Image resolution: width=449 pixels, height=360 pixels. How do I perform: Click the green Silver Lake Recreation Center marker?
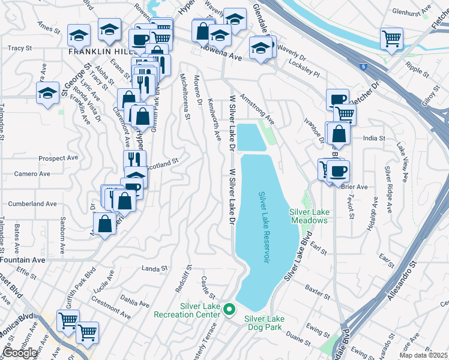coord(228,310)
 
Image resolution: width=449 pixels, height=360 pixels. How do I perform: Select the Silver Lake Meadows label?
coord(309,216)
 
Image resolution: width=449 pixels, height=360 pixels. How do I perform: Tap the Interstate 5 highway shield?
coord(364,67)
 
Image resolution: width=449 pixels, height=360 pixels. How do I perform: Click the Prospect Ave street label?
coord(58,158)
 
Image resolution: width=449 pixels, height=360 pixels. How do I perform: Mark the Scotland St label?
coord(162,162)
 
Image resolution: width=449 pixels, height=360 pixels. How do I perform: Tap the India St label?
coord(374,138)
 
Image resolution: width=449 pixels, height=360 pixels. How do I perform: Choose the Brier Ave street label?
coord(354,187)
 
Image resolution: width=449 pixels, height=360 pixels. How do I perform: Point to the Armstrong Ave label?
coord(257,109)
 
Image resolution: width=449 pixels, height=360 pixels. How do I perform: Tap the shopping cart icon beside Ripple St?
coord(391,39)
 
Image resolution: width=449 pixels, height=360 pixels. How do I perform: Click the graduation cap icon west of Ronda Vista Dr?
coord(48,93)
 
